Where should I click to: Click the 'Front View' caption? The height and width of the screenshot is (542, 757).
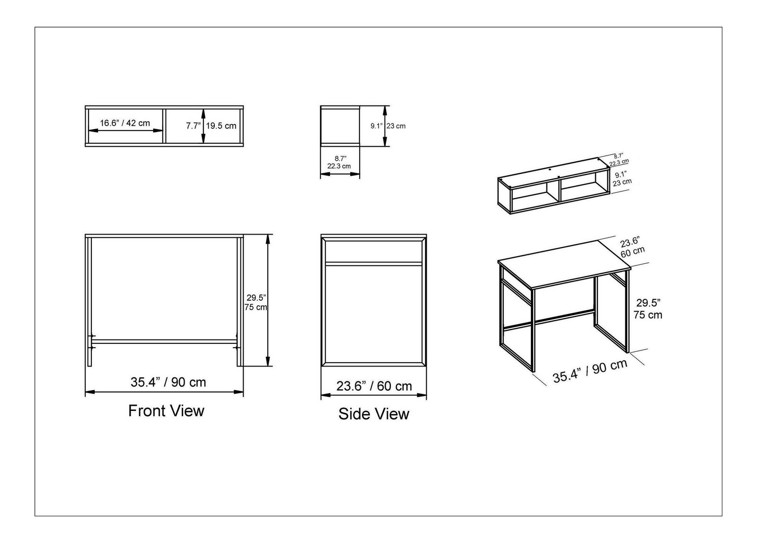click(x=166, y=411)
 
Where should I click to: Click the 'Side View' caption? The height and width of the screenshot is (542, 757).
click(x=374, y=414)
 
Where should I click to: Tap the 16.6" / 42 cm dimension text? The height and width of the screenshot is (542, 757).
click(x=125, y=123)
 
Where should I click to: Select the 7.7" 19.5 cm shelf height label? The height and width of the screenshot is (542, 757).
click(x=211, y=126)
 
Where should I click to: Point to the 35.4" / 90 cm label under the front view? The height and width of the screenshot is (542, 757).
click(x=168, y=382)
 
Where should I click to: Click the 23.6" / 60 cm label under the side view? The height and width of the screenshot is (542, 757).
click(x=374, y=386)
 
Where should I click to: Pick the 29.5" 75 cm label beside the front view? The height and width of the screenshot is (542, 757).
click(x=256, y=302)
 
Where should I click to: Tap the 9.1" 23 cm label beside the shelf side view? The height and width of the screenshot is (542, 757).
click(x=388, y=126)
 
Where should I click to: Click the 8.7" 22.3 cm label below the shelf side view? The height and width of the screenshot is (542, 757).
click(x=339, y=162)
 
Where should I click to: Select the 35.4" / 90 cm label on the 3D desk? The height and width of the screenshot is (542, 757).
click(x=590, y=371)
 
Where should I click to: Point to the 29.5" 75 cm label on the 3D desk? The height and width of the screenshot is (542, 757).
click(x=648, y=308)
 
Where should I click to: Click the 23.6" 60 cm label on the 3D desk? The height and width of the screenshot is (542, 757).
click(x=632, y=247)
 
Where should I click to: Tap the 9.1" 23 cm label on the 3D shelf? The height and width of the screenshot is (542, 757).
click(x=622, y=179)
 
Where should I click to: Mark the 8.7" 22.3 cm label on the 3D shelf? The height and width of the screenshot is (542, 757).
click(x=619, y=159)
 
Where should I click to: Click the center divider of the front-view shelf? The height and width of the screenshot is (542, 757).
click(x=164, y=126)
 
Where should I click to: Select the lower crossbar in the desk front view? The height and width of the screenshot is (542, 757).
click(x=164, y=341)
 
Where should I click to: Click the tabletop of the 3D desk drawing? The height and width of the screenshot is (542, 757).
click(x=564, y=264)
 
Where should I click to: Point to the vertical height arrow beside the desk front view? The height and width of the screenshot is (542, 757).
click(x=268, y=300)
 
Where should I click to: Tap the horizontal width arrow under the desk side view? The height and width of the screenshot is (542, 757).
click(x=374, y=394)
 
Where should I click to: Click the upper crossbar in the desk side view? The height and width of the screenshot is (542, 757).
click(x=374, y=263)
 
